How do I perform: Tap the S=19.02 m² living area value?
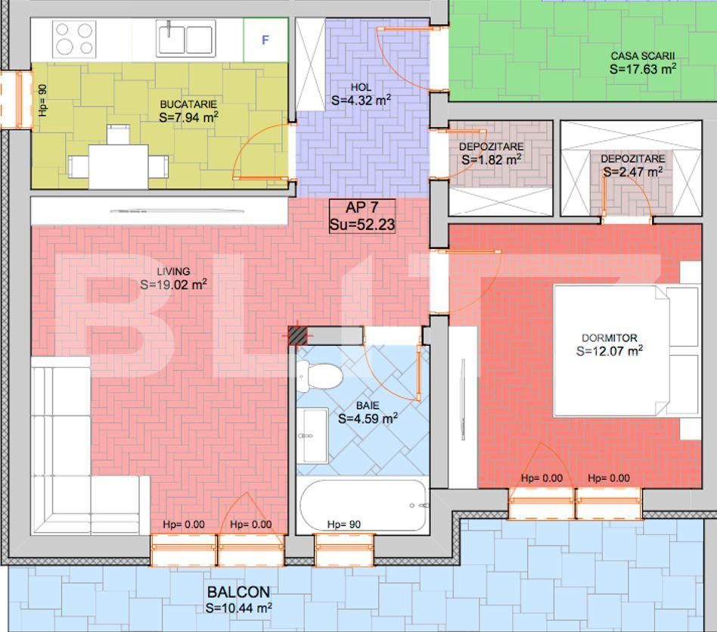(173, 285)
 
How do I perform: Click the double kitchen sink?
(185, 39)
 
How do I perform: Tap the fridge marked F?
(265, 40)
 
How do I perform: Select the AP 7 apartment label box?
(362, 216)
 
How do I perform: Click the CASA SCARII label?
(642, 56)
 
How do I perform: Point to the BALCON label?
(238, 592)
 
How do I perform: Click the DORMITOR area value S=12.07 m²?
(609, 351)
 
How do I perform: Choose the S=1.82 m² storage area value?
(491, 160)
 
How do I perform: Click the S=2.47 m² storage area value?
(632, 172)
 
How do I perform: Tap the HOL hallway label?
(361, 87)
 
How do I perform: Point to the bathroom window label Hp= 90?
(343, 525)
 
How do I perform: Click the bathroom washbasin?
(310, 436)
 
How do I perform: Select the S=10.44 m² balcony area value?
(238, 607)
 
